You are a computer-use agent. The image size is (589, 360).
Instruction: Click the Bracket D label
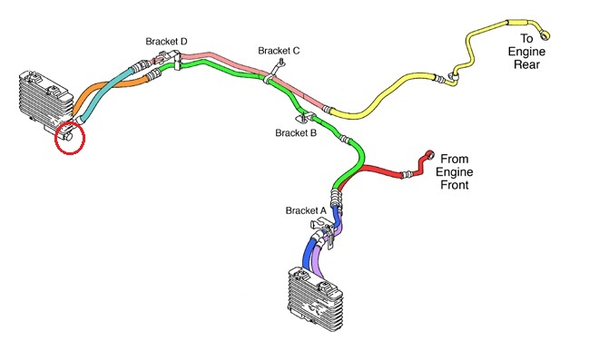point(166,42)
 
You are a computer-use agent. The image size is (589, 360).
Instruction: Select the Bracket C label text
point(279,51)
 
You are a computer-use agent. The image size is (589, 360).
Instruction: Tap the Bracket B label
point(296,133)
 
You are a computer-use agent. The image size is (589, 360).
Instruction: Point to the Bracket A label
point(306,210)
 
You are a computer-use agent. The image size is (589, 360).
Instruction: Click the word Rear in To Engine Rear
point(526,64)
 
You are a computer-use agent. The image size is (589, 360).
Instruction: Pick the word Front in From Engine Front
point(455,185)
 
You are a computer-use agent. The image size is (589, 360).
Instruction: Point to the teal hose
point(105,93)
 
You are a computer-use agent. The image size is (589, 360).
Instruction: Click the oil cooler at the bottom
point(316,298)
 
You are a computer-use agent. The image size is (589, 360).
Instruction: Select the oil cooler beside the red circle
point(45,100)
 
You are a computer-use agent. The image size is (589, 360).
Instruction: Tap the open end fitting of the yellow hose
point(545,34)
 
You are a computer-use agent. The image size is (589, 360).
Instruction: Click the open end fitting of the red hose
point(430,155)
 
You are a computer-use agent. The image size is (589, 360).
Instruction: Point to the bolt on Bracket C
point(281,63)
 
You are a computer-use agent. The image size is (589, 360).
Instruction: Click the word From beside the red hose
point(455,159)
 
